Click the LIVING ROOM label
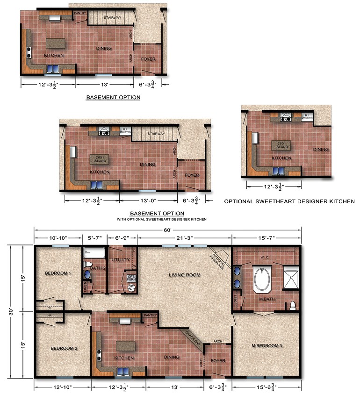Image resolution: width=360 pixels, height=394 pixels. coord(185,275)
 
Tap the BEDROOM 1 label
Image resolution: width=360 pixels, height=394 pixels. coord(58,273)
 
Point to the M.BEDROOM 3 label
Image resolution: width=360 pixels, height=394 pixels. coord(267,345)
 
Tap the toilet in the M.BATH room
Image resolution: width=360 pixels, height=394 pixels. coord(293,305)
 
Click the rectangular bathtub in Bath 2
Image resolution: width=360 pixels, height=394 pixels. coord(95,254)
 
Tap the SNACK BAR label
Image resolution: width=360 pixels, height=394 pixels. coord(192,338)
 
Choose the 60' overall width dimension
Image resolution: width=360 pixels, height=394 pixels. coord(167,230)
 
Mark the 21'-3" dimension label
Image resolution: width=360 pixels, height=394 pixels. coord(184,238)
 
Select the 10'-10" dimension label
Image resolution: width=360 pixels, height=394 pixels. coord(58,238)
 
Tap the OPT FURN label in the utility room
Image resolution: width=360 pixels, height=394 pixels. coord(131,278)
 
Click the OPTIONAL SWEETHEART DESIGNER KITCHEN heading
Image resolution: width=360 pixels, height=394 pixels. coord(289,201)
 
